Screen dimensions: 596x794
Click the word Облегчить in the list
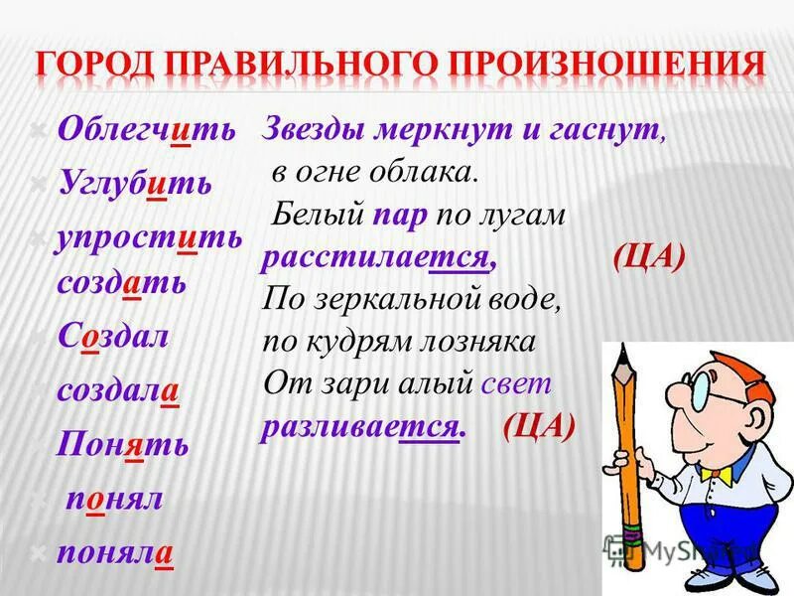coord(146,131)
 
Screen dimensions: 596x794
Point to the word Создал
coord(112,336)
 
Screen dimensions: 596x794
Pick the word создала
coord(117,389)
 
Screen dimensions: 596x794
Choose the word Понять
coord(123,443)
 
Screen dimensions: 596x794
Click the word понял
coord(114,497)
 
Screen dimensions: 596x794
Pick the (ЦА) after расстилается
coord(648,256)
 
